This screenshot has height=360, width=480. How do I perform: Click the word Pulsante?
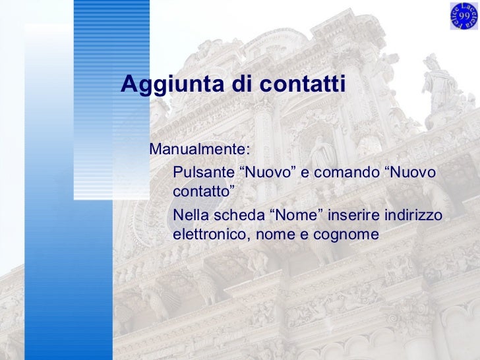coord(203,172)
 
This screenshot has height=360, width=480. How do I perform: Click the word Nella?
coord(189,216)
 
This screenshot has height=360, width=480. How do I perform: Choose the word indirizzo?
coord(413,216)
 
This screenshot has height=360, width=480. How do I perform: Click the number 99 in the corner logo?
coord(464,15)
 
